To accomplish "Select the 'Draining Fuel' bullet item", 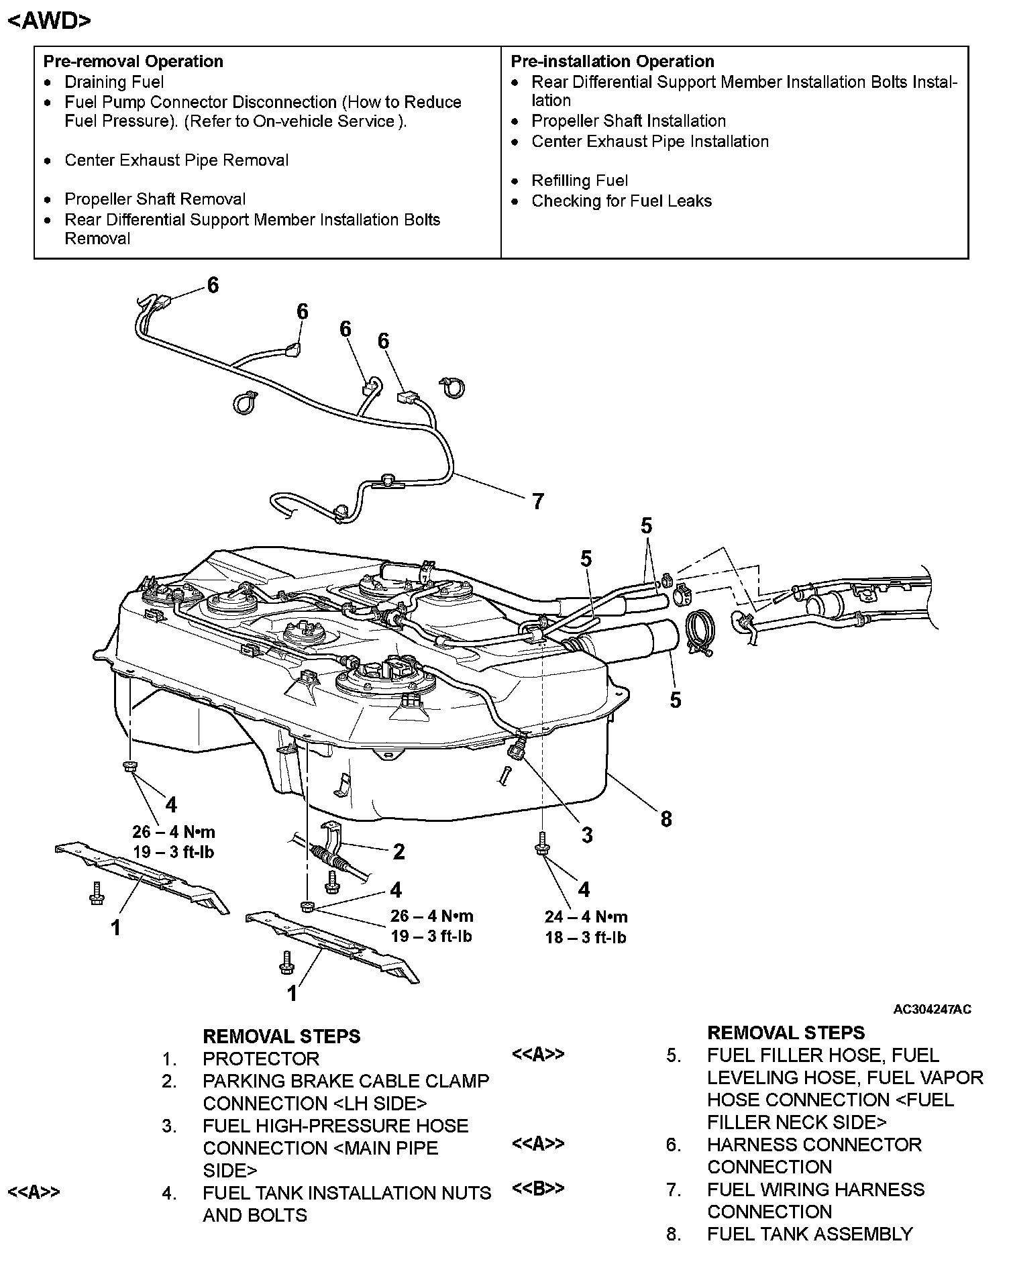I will click(x=114, y=82).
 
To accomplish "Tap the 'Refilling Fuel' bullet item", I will click(x=580, y=180).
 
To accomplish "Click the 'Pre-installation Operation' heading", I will click(x=612, y=61).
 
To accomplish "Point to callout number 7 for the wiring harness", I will click(x=537, y=501).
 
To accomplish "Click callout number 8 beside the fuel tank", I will click(x=666, y=818).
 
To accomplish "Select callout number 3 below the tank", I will click(x=587, y=835).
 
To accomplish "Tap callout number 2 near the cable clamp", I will click(x=399, y=851).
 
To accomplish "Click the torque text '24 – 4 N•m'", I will click(x=586, y=916).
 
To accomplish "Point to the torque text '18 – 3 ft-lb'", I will click(x=586, y=937).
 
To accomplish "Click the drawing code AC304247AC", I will click(x=932, y=1009).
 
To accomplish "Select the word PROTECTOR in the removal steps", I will click(x=261, y=1059).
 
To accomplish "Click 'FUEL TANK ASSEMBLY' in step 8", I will click(x=810, y=1234).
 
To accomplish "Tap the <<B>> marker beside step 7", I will click(x=537, y=1188).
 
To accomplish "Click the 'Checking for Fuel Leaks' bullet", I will click(x=621, y=201).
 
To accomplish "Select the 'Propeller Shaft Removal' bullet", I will click(x=155, y=199).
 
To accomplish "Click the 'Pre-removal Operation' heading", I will click(x=133, y=61).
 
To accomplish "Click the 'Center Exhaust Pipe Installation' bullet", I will click(x=649, y=142).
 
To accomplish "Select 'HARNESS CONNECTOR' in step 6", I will click(x=814, y=1145).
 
